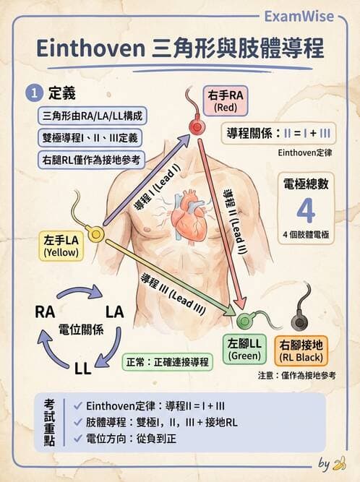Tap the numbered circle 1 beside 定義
(34, 93)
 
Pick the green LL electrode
(244, 317)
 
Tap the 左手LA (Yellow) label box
(61, 246)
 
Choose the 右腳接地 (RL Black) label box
(301, 348)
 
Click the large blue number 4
(306, 210)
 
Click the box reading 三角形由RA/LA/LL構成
(92, 116)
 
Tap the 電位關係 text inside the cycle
(80, 329)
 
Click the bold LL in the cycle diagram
(82, 369)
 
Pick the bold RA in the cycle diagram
(45, 311)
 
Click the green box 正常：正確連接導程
(166, 360)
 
